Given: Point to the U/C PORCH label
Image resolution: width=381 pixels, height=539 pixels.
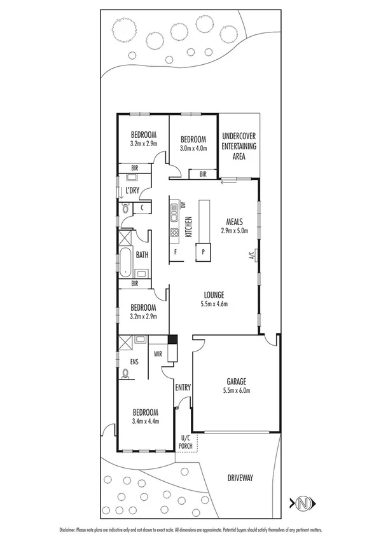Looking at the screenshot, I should tap(186, 441).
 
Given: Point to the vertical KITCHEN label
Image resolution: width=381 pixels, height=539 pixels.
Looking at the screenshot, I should tap(188, 227).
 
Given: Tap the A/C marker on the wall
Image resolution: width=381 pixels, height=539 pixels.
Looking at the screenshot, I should tap(251, 256).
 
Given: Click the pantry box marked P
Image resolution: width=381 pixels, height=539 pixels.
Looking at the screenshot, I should tap(203, 252).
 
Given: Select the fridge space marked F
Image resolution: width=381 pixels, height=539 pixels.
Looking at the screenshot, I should tap(176, 252).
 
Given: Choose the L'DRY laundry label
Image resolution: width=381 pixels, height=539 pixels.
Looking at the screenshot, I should tap(132, 191).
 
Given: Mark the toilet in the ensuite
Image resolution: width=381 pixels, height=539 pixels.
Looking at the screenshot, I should tap(126, 376).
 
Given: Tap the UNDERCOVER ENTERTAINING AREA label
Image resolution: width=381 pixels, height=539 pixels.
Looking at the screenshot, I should tap(239, 146).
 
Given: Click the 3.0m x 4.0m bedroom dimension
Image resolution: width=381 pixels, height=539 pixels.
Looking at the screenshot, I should tap(193, 149).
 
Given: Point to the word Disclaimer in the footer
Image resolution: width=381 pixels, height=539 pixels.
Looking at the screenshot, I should tap(69, 529).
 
